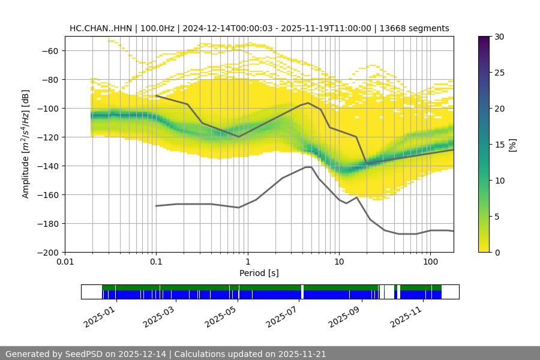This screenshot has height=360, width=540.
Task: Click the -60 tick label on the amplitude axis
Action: [x=49, y=50]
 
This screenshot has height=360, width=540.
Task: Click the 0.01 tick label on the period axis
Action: [x=65, y=262]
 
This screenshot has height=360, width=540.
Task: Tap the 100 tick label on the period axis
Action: [x=430, y=262]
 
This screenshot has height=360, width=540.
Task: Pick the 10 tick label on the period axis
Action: [x=339, y=262]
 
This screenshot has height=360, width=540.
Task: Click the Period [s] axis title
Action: [x=259, y=273]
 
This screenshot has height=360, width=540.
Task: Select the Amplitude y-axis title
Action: [x=26, y=144]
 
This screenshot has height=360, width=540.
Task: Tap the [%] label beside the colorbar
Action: [x=512, y=145]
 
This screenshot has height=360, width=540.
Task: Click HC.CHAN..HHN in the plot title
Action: [x=98, y=28]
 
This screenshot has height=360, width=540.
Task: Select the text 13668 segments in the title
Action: [x=419, y=28]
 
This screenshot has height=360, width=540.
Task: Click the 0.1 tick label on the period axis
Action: [x=156, y=262]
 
